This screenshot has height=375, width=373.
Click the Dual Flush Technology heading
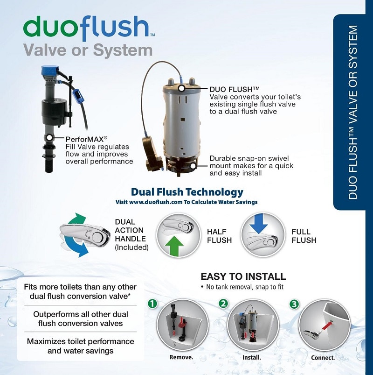click(x=187, y=192)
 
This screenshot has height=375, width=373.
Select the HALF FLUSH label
click(x=219, y=236)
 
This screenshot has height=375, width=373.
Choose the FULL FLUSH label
click(x=304, y=236)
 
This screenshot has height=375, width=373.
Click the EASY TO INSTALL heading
click(x=243, y=276)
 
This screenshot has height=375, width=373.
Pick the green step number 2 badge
click(x=224, y=303)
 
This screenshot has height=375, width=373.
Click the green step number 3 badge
click(x=294, y=304)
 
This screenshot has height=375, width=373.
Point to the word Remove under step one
click(x=182, y=358)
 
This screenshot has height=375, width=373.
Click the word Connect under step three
click(x=323, y=358)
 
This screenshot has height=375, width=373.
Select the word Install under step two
click(x=252, y=358)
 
